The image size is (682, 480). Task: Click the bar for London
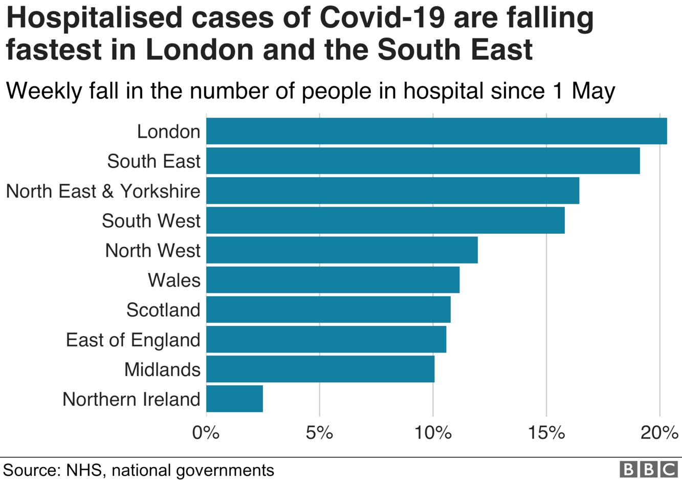click(436, 131)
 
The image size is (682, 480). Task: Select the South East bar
click(423, 161)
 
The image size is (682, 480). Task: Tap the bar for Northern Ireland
click(234, 399)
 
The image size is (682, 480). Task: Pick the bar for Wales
click(333, 280)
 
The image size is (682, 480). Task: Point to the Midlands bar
click(320, 369)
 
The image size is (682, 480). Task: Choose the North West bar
click(342, 250)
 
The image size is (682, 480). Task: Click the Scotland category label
click(163, 310)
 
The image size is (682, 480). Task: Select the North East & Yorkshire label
click(103, 191)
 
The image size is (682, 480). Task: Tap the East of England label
click(133, 340)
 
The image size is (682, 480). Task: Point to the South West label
click(151, 221)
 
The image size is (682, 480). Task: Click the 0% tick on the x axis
click(206, 433)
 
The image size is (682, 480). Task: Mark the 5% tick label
click(319, 433)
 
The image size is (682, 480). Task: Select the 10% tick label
click(433, 433)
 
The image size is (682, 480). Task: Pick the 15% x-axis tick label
click(546, 433)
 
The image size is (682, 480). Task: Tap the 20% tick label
click(659, 433)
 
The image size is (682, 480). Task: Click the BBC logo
click(648, 469)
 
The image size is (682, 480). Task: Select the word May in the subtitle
click(593, 91)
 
